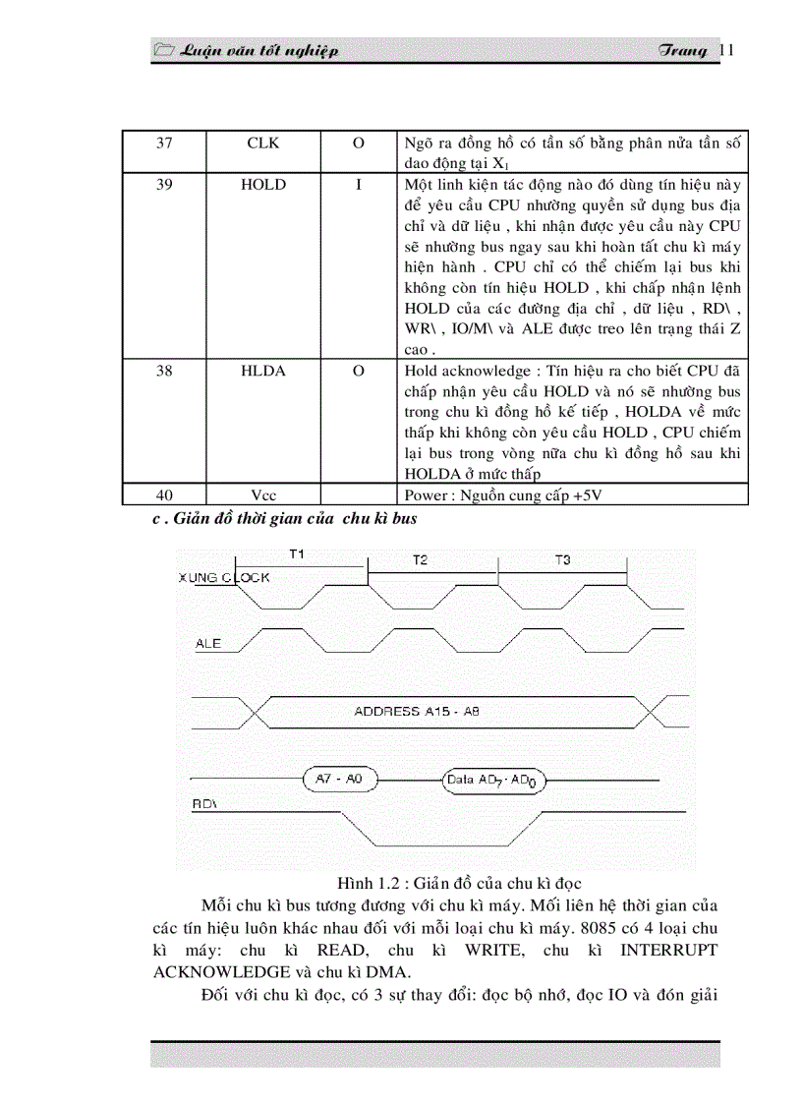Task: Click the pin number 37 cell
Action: coord(164,144)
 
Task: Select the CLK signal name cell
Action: coord(262,144)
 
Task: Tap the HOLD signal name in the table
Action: coord(262,185)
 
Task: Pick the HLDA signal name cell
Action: coord(262,371)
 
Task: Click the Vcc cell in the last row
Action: coord(262,495)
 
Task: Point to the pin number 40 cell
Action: coord(164,495)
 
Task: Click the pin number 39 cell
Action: coord(164,185)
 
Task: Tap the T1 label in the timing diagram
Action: coord(296,554)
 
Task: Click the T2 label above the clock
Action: coord(420,559)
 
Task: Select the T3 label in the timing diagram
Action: coord(562,559)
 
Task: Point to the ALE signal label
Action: coord(208,644)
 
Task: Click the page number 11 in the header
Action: coord(727,51)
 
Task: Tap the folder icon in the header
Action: coord(164,51)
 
